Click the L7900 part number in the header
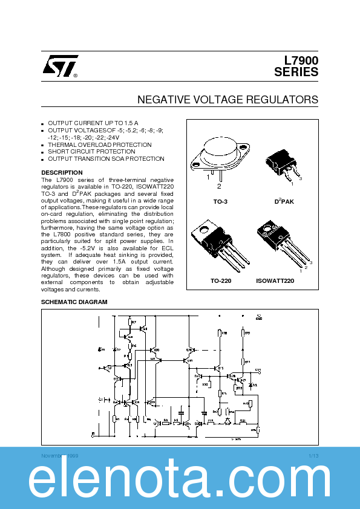click(301, 60)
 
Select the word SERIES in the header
click(296, 72)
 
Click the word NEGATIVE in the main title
click(163, 99)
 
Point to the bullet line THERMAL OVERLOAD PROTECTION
click(100, 145)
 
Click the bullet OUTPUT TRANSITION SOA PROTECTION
click(106, 159)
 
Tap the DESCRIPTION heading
click(62, 173)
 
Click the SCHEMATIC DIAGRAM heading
click(74, 302)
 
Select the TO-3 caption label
click(221, 201)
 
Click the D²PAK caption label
click(284, 201)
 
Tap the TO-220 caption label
click(221, 281)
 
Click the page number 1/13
click(313, 455)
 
